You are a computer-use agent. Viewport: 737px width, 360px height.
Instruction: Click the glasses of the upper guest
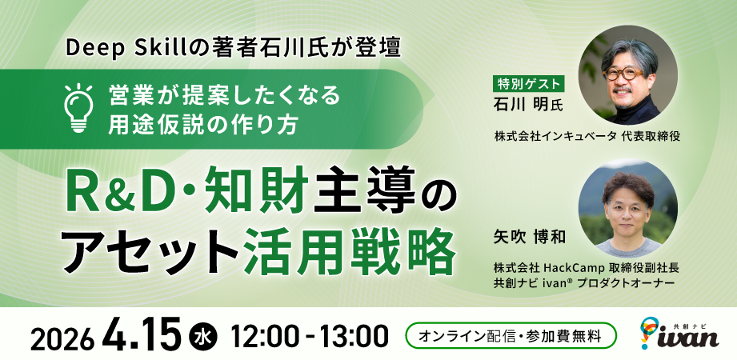[x=627, y=71]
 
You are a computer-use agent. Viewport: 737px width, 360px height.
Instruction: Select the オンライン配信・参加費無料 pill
[x=511, y=335]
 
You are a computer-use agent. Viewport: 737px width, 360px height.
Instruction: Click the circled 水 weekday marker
[x=202, y=335]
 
